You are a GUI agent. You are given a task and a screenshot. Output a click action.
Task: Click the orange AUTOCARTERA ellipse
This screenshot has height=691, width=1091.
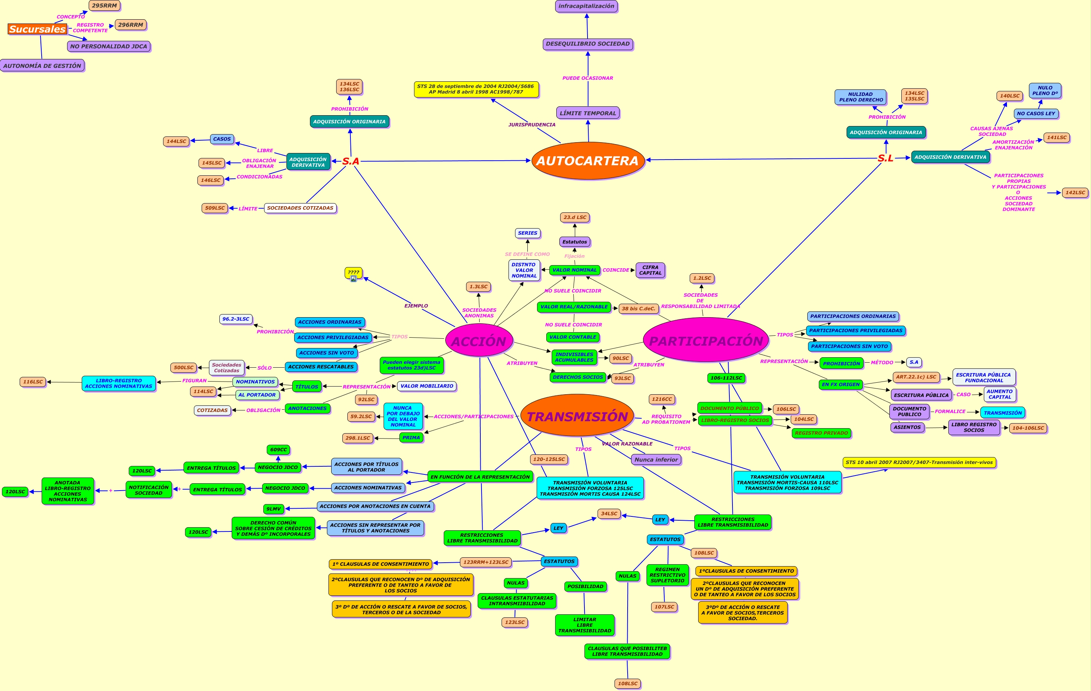(x=588, y=161)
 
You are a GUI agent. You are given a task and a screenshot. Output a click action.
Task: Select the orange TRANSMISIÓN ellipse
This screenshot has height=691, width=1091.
(x=577, y=416)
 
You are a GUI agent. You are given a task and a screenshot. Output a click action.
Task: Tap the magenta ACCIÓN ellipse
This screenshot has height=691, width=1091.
(x=479, y=341)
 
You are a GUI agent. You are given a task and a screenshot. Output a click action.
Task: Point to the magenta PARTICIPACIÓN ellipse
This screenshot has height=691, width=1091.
(x=705, y=340)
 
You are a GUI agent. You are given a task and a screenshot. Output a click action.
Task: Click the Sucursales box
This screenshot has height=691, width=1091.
(x=38, y=29)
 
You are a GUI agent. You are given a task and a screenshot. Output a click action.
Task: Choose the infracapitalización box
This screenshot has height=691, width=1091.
(x=586, y=6)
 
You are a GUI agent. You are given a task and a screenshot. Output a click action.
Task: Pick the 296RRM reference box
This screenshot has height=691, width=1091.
(x=130, y=25)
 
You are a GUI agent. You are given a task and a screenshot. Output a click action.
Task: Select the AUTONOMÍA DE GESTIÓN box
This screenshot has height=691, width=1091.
(x=42, y=66)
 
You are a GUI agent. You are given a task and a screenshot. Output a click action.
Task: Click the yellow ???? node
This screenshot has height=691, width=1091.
(x=354, y=272)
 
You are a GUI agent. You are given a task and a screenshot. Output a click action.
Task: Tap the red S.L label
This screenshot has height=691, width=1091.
(x=885, y=158)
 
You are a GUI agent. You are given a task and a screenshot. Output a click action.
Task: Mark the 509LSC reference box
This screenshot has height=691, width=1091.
(x=215, y=208)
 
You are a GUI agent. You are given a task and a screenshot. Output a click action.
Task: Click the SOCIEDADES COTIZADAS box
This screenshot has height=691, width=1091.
(x=300, y=208)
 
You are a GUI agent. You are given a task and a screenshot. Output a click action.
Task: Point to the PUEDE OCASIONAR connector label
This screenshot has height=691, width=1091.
(x=588, y=78)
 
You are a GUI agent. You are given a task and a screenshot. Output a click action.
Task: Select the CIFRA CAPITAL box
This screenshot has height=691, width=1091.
(x=650, y=270)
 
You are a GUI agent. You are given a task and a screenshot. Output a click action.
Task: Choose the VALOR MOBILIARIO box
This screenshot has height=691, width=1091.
(x=426, y=386)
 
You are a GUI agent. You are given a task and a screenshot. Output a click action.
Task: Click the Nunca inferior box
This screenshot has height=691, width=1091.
(x=656, y=460)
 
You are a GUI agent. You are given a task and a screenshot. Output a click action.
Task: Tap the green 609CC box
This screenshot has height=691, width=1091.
(x=278, y=450)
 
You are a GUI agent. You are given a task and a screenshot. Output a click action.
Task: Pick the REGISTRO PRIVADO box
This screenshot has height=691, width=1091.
(x=821, y=433)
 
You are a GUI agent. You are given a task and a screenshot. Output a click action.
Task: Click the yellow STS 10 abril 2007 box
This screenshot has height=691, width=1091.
(x=919, y=462)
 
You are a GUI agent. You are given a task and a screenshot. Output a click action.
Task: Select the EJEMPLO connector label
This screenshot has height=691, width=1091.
(x=416, y=306)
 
